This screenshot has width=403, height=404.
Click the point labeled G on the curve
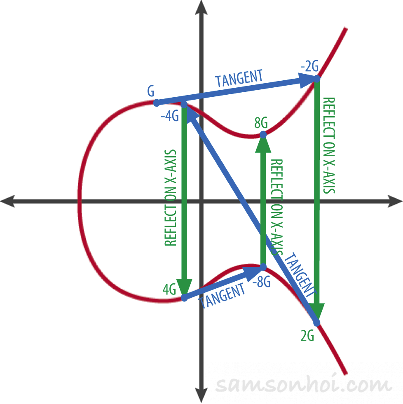(x=157, y=103)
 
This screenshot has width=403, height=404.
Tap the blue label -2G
(x=309, y=66)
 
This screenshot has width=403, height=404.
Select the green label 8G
(x=261, y=123)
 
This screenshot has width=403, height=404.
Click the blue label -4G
(x=170, y=116)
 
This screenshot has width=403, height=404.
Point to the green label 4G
(x=169, y=289)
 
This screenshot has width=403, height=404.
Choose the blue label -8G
(x=261, y=282)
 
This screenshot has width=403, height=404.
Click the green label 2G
(x=307, y=336)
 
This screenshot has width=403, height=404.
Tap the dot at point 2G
(x=316, y=323)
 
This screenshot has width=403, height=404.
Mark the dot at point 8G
(x=263, y=135)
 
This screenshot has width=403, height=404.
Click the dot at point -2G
(x=317, y=78)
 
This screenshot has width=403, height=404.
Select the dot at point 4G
(x=184, y=298)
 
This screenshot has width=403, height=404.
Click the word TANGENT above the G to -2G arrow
(x=239, y=78)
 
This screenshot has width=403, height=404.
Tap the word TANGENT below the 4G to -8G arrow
(x=222, y=296)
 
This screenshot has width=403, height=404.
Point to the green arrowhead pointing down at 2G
(x=316, y=312)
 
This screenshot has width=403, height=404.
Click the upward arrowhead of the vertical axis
(x=201, y=8)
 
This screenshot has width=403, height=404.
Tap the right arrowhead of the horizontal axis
(x=395, y=201)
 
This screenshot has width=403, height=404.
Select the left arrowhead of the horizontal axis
(x=8, y=201)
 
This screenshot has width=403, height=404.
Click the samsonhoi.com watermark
(x=304, y=384)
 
